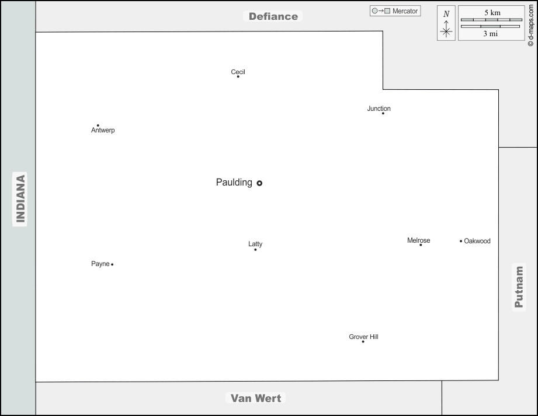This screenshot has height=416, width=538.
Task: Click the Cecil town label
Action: (238, 72)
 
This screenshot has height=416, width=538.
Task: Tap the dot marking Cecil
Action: (238, 76)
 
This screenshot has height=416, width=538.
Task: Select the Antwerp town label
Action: (103, 130)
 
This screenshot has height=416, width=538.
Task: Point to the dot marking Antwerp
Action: (98, 125)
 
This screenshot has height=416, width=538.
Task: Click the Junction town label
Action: (379, 109)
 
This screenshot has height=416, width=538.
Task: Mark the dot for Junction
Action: (383, 113)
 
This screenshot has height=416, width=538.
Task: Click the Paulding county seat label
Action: (234, 183)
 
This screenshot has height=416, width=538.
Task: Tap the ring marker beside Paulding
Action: (259, 183)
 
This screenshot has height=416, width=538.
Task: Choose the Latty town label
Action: (255, 244)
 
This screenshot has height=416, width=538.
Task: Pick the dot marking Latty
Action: (255, 250)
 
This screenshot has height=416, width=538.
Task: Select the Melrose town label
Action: (418, 240)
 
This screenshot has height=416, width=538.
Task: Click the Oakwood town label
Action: (477, 241)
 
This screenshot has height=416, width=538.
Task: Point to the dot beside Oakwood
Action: (461, 241)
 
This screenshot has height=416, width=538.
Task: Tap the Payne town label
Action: (100, 264)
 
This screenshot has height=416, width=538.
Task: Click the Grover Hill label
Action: (363, 337)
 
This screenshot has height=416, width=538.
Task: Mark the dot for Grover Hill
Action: (363, 341)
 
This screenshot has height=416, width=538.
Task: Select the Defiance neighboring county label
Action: (273, 16)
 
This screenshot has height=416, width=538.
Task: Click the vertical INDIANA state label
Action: (20, 198)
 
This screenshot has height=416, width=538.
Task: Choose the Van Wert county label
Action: (256, 398)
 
